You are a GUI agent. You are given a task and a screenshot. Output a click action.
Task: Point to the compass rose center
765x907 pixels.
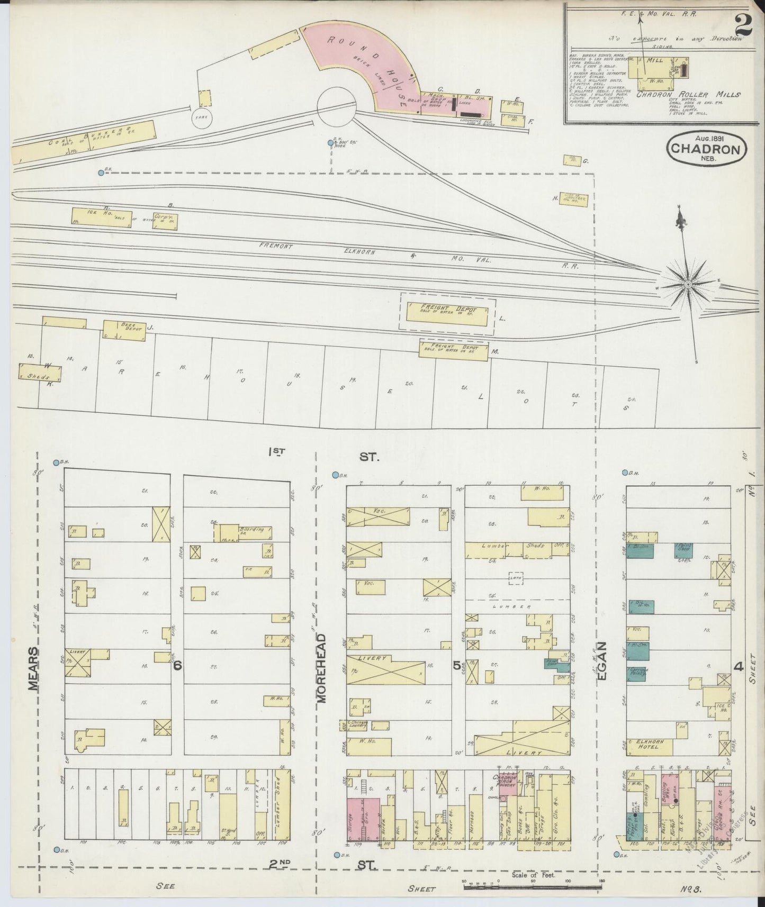(x=688, y=285)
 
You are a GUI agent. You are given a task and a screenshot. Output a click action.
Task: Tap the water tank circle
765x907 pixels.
(x=202, y=119)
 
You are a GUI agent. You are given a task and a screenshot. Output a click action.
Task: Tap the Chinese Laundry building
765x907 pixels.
(x=357, y=725)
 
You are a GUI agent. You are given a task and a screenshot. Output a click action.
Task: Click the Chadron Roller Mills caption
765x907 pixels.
(x=688, y=94)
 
